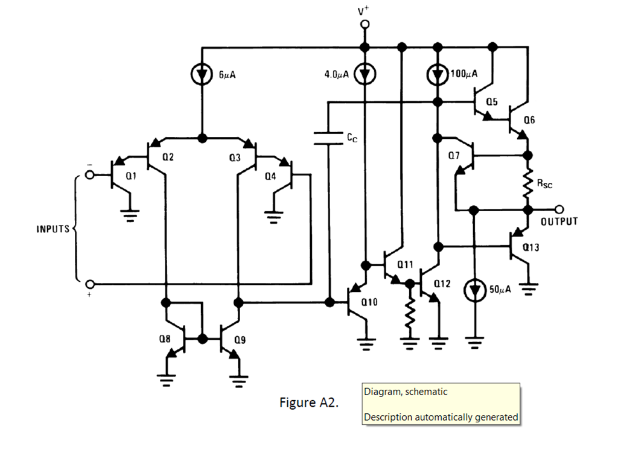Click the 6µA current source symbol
point(202,74)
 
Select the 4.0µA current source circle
point(365,74)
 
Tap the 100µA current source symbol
point(438,74)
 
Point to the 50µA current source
point(474,290)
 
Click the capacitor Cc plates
point(328,138)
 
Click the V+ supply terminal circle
point(365,25)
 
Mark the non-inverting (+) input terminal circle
point(90,284)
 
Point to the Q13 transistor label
point(531,247)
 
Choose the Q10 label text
point(369,302)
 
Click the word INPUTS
point(53,229)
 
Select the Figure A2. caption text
point(308,403)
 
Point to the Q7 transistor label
point(454,156)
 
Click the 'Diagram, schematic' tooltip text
point(406,392)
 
